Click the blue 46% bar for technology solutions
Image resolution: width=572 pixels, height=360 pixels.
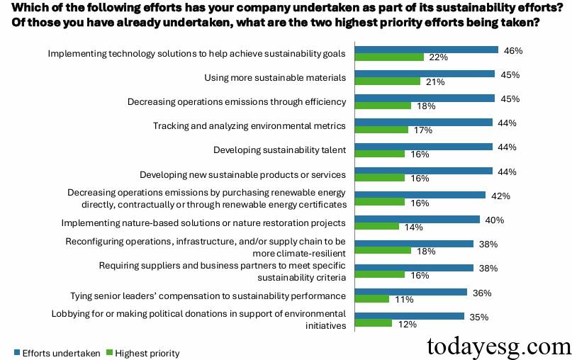click(x=426, y=50)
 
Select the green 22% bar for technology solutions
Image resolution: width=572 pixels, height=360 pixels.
click(x=389, y=57)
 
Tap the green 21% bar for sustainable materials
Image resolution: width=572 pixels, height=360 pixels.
click(x=388, y=81)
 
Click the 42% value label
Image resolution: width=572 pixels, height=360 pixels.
click(x=500, y=196)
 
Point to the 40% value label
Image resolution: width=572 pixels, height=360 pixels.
click(x=495, y=220)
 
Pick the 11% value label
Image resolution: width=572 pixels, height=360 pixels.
click(x=404, y=300)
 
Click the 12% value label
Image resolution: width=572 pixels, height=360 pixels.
click(x=407, y=324)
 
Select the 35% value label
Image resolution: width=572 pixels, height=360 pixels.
click(x=479, y=317)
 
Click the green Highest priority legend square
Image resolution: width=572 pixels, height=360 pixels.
click(x=109, y=353)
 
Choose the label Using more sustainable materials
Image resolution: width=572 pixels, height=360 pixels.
click(x=274, y=77)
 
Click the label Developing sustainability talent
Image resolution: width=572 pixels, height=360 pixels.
click(x=279, y=150)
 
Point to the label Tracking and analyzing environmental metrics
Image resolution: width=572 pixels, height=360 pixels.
click(x=249, y=125)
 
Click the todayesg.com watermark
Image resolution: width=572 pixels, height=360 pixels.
click(x=497, y=347)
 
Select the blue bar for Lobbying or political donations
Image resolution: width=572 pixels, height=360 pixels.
click(x=409, y=316)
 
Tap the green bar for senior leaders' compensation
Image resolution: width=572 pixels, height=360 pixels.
click(x=372, y=299)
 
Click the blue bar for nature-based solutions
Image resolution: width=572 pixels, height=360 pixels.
click(x=417, y=220)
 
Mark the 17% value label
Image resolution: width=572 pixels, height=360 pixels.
click(x=422, y=130)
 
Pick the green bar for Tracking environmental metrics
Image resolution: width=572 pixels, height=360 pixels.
click(x=381, y=130)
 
